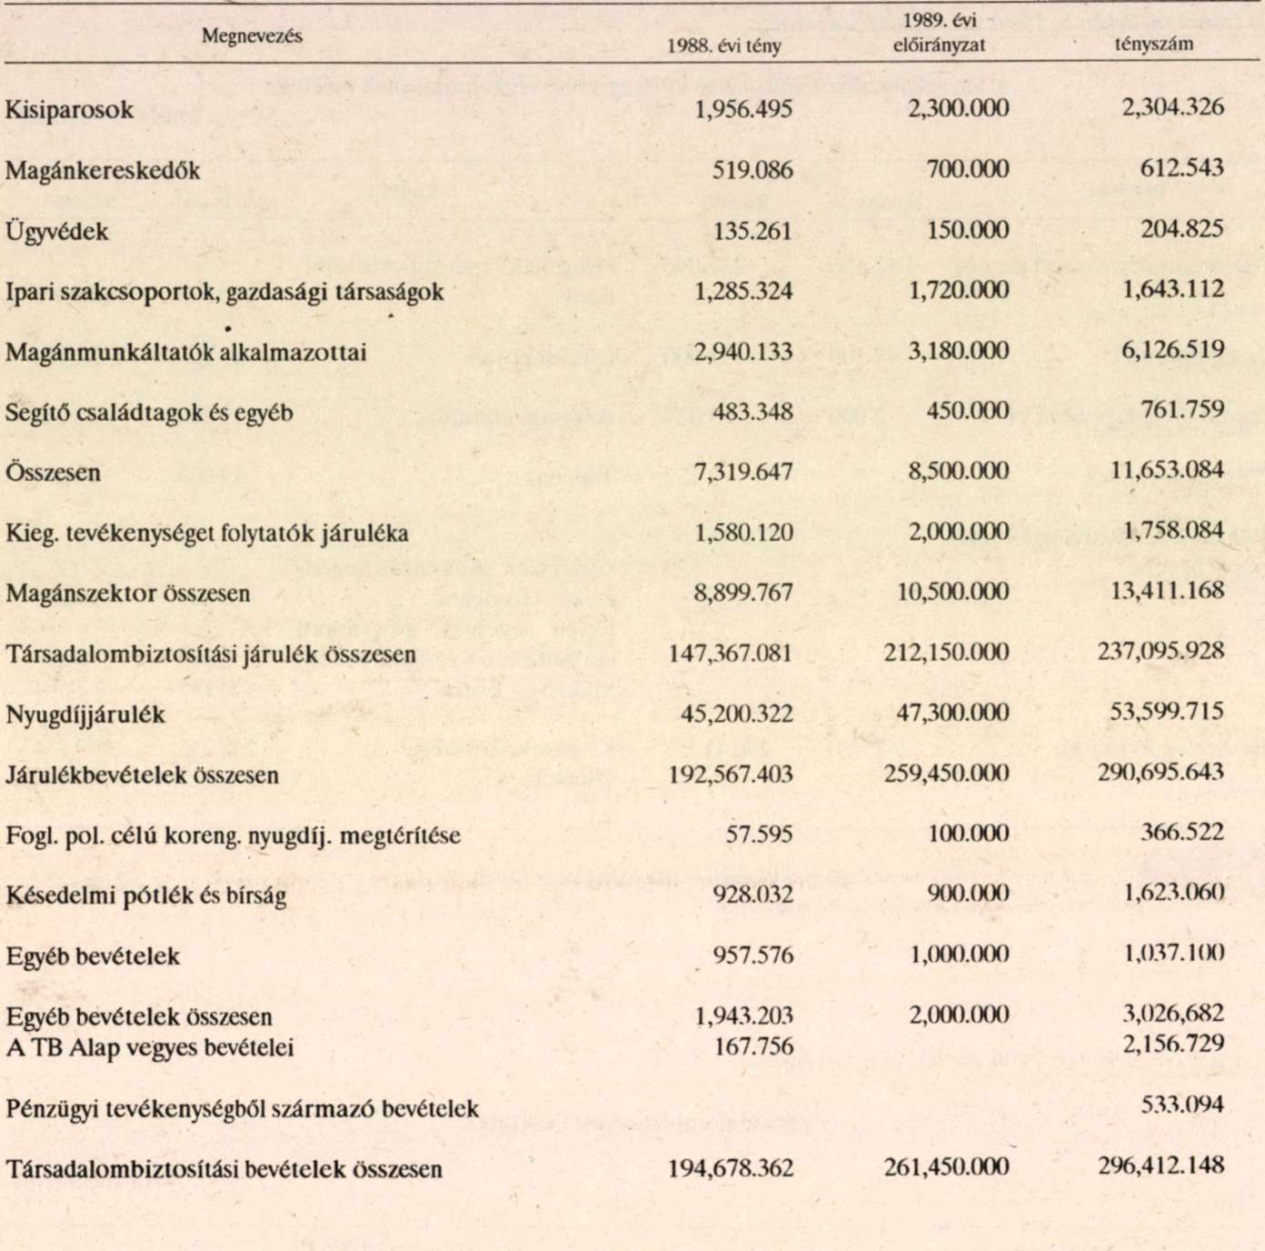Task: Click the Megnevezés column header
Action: tap(252, 36)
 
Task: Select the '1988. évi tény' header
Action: tap(723, 45)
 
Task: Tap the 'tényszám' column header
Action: tap(1154, 43)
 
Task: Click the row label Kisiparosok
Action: tap(69, 110)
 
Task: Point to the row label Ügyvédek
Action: tap(56, 231)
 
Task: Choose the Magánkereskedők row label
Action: tap(103, 170)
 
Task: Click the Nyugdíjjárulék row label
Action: tap(85, 715)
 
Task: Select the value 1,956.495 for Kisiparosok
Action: tap(742, 109)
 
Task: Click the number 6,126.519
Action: tap(1172, 349)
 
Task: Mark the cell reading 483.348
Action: tap(752, 411)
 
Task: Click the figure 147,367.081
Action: tap(731, 653)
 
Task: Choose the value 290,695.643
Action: tap(1161, 772)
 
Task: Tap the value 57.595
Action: tap(759, 833)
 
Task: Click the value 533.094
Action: tap(1181, 1106)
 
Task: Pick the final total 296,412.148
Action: tap(1161, 1165)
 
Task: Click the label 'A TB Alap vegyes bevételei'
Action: tap(150, 1047)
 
